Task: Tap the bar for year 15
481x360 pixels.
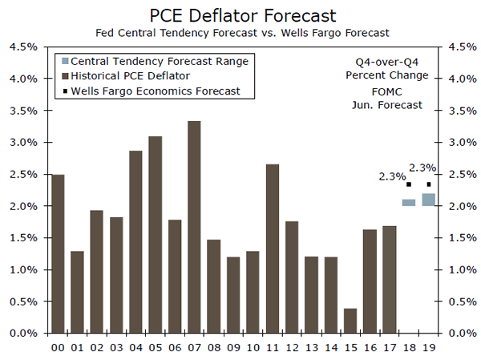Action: [x=350, y=321]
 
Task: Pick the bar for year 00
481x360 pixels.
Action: [x=58, y=253]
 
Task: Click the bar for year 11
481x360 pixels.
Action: [x=272, y=249]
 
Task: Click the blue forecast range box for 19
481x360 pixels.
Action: [x=428, y=200]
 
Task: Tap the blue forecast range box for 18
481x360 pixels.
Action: [x=409, y=202]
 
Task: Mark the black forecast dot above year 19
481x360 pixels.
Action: [x=428, y=184]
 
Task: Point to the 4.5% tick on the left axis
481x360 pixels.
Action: [x=22, y=47]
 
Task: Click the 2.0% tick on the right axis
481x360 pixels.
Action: [x=460, y=206]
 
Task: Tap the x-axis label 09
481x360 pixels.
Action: [x=233, y=347]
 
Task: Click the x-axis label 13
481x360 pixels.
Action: [x=311, y=347]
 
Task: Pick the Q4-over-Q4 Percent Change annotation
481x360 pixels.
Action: [x=387, y=69]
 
